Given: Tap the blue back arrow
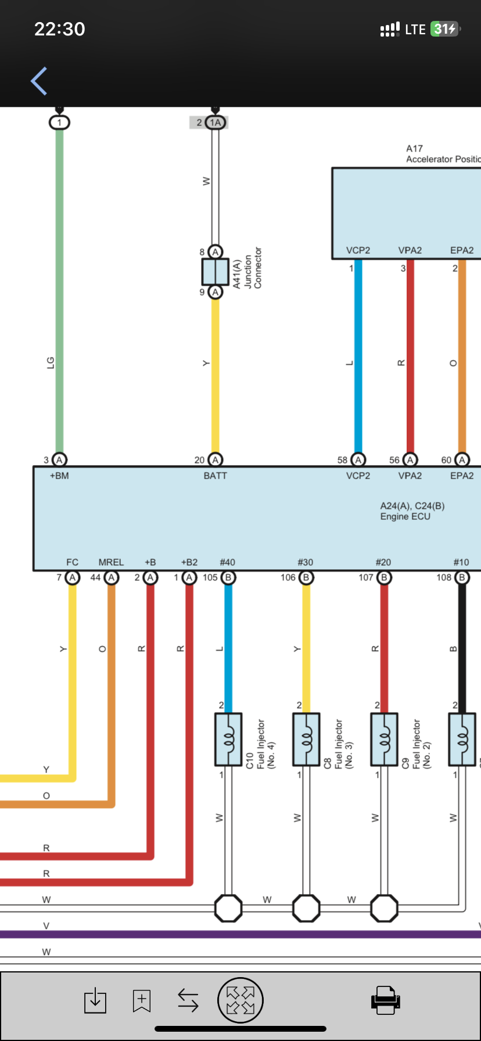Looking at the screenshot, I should pyautogui.click(x=39, y=81).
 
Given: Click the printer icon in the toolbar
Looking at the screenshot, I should pyautogui.click(x=385, y=1000).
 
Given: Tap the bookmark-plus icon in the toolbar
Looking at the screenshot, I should pyautogui.click(x=142, y=1000).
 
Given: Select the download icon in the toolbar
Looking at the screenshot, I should pyautogui.click(x=95, y=1000).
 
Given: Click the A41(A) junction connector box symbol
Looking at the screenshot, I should pyautogui.click(x=216, y=271).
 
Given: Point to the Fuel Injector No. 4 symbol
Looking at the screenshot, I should pyautogui.click(x=228, y=740).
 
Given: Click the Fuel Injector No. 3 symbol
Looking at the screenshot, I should pyautogui.click(x=306, y=740).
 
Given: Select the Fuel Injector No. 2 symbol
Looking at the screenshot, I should pyautogui.click(x=384, y=740).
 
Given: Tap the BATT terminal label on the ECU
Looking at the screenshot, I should pyautogui.click(x=215, y=476).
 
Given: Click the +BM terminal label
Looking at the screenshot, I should pyautogui.click(x=59, y=476).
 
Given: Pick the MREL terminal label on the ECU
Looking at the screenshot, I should pyautogui.click(x=111, y=562).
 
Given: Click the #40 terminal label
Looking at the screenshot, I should pyautogui.click(x=228, y=562).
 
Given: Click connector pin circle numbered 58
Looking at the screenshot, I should pyautogui.click(x=358, y=460).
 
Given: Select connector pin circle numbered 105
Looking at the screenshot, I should pyautogui.click(x=228, y=577).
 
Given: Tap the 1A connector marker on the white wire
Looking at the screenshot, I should pyautogui.click(x=216, y=123).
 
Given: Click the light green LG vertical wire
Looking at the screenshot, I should pyautogui.click(x=59, y=290).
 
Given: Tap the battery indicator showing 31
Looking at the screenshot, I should pyautogui.click(x=445, y=29).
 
